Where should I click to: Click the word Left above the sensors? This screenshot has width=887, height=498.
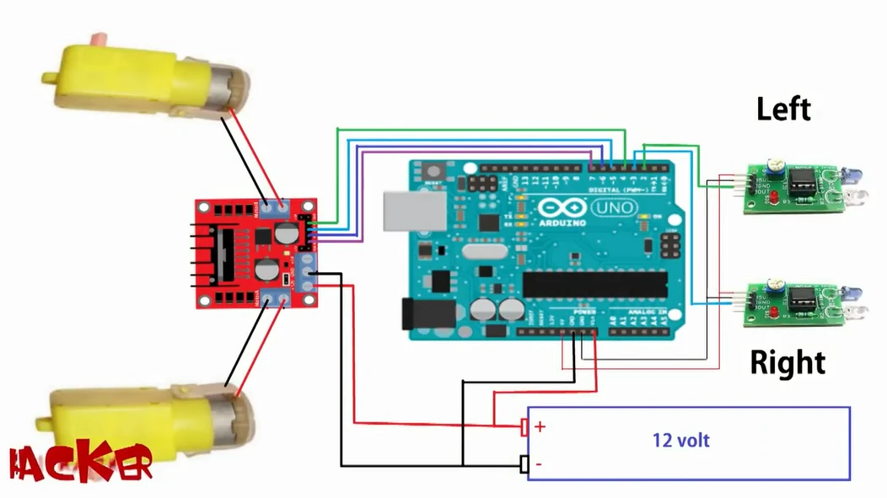point(783,110)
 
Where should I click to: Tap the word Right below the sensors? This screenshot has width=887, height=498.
point(788,363)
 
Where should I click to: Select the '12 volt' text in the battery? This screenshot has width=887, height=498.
point(681,440)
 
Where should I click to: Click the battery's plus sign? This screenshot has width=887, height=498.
point(540,426)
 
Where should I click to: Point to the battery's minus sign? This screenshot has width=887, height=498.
point(539,464)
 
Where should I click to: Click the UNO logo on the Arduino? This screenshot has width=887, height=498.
point(611,207)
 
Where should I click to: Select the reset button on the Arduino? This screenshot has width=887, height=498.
point(435,171)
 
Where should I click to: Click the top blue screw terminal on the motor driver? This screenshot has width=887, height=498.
point(274,207)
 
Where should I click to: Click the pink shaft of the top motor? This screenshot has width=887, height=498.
point(99,39)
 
